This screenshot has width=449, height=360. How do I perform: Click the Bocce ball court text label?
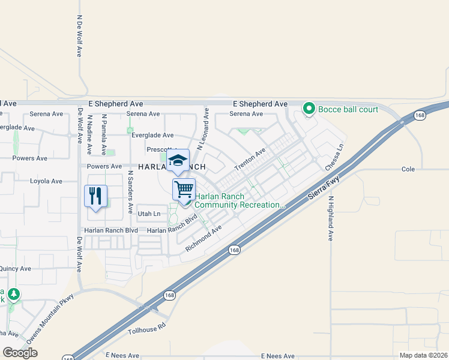pos(348,109)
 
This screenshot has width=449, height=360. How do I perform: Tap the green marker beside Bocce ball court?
pos(309,109)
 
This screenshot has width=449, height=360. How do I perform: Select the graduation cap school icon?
pos(178,160)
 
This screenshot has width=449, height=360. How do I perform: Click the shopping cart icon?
pos(184,188)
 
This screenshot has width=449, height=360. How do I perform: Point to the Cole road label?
pos(408,170)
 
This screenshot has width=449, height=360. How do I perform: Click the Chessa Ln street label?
pos(335,156)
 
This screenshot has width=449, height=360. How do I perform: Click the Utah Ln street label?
pos(149,214)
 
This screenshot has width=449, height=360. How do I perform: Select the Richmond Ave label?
pos(203,238)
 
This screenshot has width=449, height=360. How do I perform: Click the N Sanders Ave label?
pos(130,193)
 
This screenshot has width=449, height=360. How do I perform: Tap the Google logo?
pos(20,353)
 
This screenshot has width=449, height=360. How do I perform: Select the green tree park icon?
pos(13,295)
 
